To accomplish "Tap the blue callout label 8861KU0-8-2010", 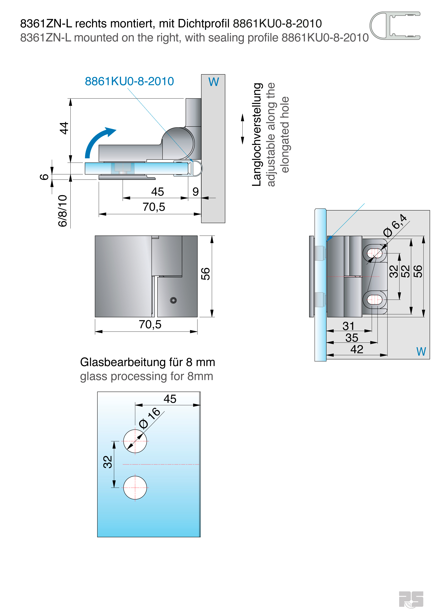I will point(129,81).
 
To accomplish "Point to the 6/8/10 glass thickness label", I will point(63,211).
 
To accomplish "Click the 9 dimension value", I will point(195,192).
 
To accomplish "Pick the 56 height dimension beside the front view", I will point(206,274).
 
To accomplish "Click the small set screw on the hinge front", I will point(173,300).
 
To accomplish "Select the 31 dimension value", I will point(348,326).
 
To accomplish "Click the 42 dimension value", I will point(357,349).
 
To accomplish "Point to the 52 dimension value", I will point(405,271).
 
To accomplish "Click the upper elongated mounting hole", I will point(374,253).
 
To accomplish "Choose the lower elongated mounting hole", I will point(374,299).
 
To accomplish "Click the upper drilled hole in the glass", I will point(135,441).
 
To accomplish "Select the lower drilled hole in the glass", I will point(135,488).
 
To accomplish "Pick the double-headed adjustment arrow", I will point(242,129).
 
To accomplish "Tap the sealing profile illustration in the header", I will point(395,26).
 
